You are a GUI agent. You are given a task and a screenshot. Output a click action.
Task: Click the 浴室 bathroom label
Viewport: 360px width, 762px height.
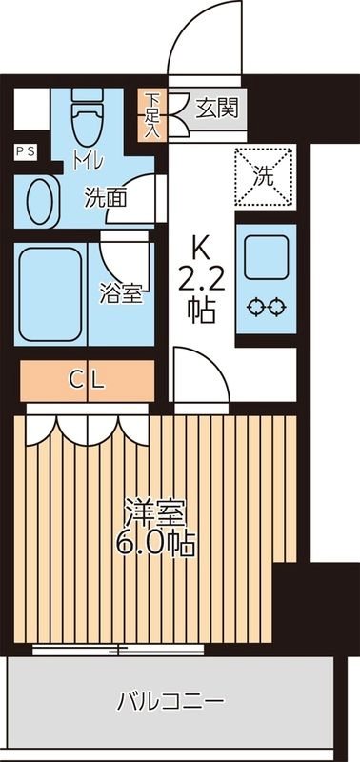tap(122, 293)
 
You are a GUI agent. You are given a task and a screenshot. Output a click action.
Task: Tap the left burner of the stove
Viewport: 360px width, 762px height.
tap(254, 307)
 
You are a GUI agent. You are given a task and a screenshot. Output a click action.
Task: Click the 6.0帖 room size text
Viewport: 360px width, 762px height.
tap(158, 544)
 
